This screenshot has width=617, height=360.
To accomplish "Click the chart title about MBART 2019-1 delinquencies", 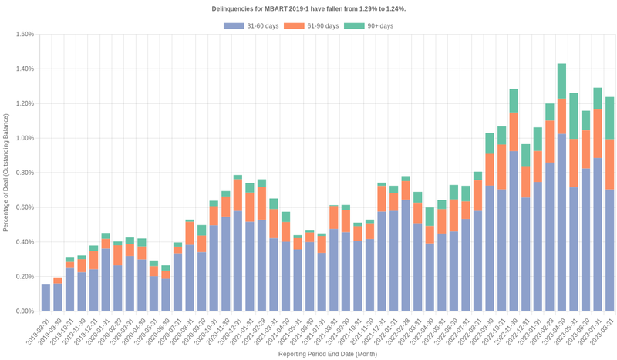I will pos(308,8).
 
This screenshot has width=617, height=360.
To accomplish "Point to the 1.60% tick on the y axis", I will pos(24,34).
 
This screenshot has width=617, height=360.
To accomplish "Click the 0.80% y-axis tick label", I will pos(24,173).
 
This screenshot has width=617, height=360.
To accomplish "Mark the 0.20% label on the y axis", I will pos(24,277).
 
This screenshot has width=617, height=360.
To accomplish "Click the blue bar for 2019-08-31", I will pos(46,298).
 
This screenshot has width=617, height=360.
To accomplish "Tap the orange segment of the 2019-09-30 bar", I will pos(58,280).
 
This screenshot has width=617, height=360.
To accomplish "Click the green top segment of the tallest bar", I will pos(561,80).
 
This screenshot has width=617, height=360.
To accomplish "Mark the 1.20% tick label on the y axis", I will pos(24,103).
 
